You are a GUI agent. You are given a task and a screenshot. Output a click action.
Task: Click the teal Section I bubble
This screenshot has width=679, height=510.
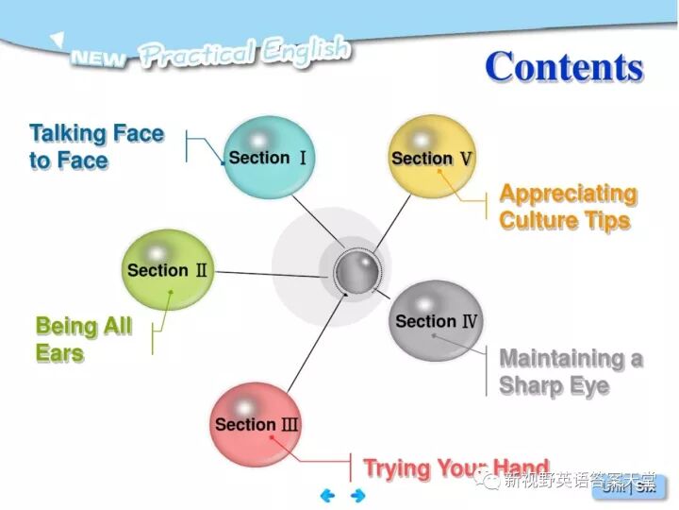268,158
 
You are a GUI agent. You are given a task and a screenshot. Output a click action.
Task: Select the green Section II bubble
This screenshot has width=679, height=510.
168,270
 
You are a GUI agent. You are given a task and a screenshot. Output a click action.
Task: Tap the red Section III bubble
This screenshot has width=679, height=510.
256,424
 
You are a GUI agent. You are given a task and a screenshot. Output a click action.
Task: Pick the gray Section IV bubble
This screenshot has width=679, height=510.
436,321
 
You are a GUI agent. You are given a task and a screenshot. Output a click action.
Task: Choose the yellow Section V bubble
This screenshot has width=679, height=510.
431,158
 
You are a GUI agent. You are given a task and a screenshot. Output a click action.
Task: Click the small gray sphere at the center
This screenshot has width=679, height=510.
357,273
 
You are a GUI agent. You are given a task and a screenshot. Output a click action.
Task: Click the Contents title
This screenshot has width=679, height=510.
564,67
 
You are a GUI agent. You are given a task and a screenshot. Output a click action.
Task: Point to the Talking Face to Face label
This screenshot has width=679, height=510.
96,146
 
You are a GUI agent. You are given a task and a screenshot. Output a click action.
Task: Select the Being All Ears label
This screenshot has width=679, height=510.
83,340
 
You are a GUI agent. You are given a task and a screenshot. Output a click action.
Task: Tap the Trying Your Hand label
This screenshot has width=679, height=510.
455,468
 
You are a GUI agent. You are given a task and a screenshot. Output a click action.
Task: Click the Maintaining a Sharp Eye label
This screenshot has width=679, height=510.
571,372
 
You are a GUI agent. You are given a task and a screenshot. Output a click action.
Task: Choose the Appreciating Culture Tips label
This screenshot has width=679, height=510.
568,207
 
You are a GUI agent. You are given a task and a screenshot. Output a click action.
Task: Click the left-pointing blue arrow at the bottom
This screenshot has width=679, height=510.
328,495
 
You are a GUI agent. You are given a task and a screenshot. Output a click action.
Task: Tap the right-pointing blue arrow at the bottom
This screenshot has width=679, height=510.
357,495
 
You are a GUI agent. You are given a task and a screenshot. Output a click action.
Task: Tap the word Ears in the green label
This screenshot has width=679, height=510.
59,354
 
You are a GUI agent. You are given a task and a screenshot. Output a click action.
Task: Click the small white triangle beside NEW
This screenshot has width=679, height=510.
58,40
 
